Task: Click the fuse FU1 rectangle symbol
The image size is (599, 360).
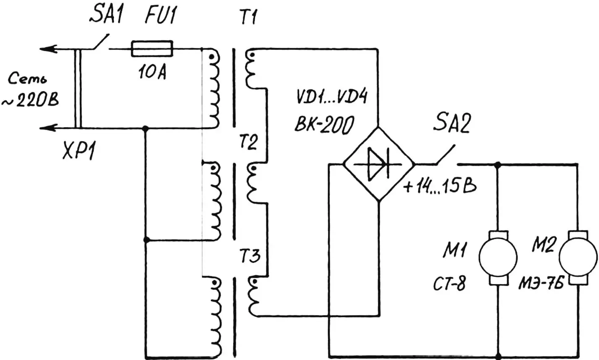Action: click(152, 49)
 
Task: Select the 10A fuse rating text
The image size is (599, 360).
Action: click(151, 73)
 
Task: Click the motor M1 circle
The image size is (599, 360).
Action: click(497, 258)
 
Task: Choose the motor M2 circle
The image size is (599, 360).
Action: click(579, 258)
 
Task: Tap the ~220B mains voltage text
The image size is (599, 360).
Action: click(30, 101)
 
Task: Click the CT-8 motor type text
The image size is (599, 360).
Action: click(449, 284)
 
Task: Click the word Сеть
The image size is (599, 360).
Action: click(28, 79)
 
